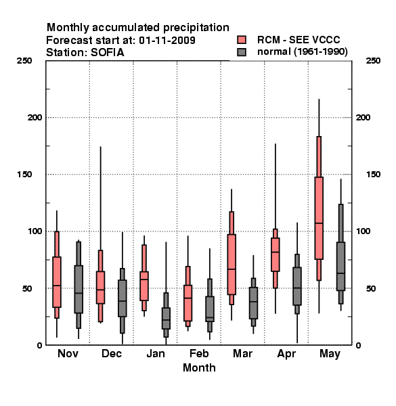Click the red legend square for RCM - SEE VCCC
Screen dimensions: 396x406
point(242,40)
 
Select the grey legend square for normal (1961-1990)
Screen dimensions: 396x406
point(242,52)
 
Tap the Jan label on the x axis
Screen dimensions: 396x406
point(156,353)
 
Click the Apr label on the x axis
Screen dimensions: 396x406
point(286,354)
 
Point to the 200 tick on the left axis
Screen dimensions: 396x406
point(35,117)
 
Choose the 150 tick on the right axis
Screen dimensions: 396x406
point(373,175)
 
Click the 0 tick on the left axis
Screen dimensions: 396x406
point(39,345)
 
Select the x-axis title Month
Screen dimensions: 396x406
point(199,367)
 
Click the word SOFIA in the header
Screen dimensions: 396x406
point(107,53)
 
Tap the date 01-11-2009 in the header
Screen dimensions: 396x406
point(167,41)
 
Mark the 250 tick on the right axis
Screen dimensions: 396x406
point(373,61)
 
